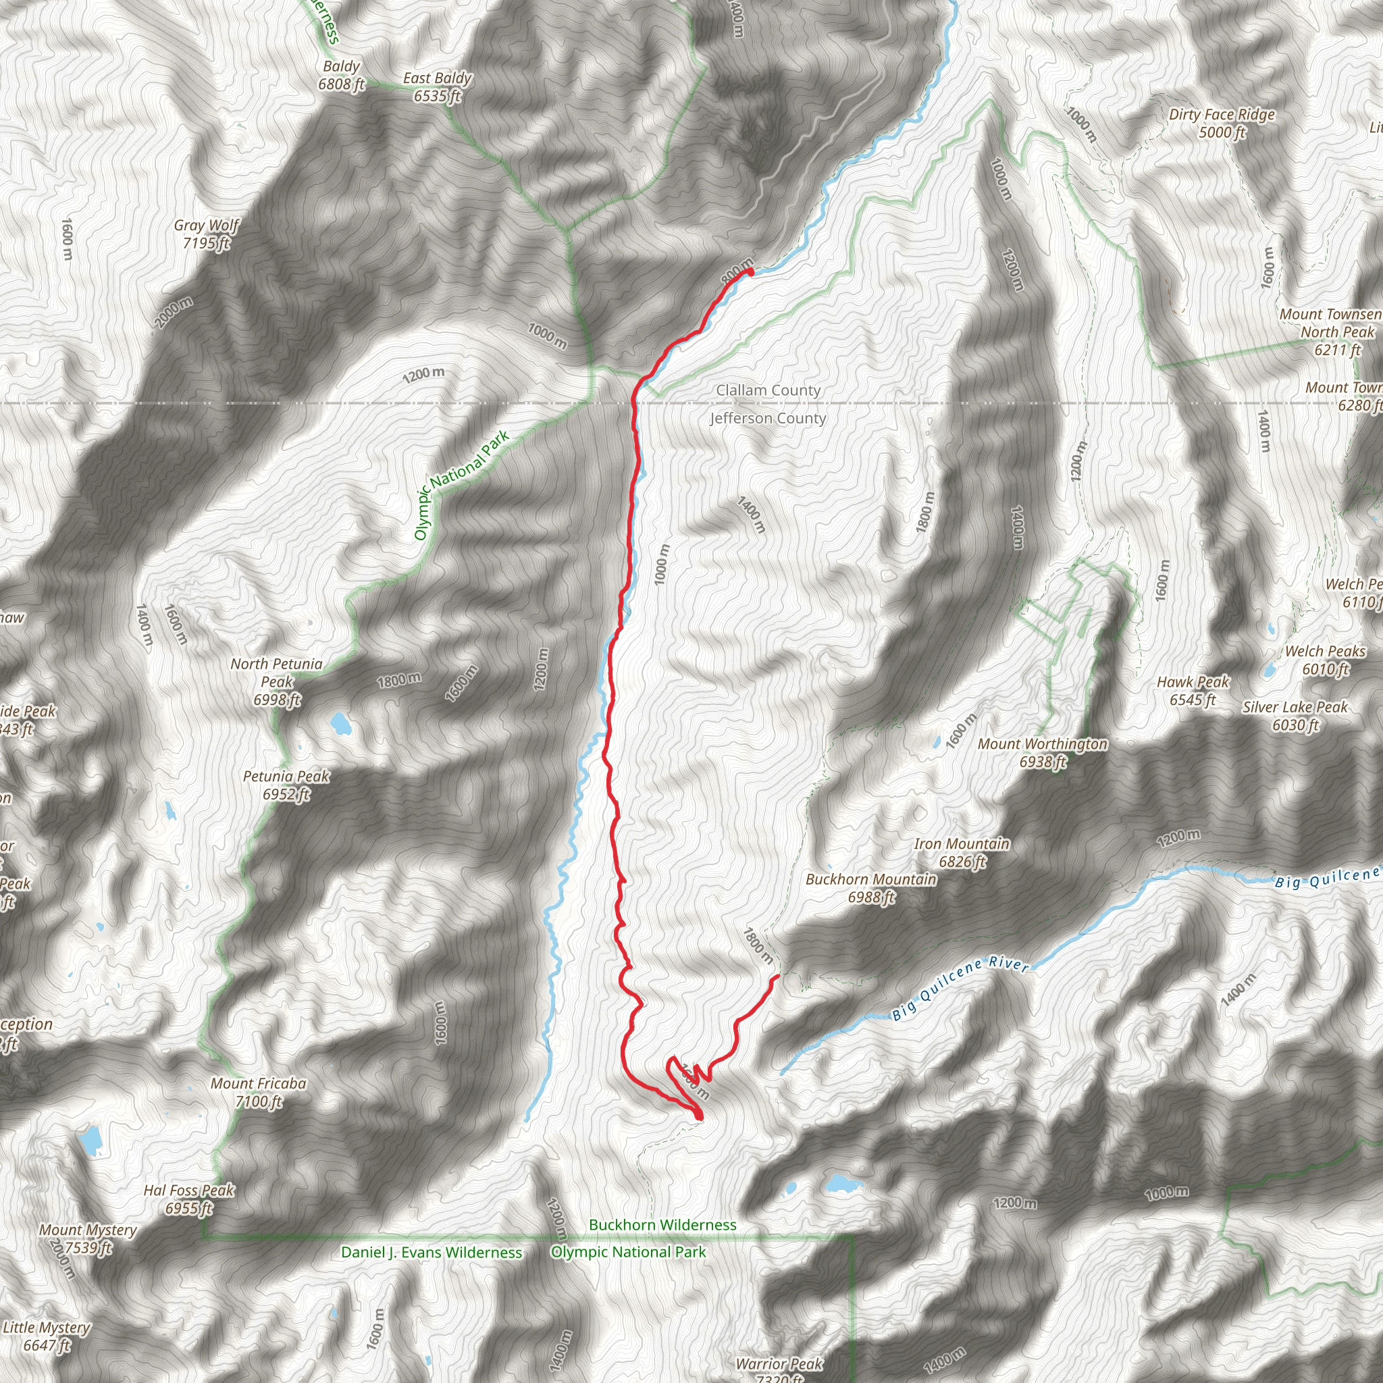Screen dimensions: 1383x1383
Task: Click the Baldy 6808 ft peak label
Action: click(342, 75)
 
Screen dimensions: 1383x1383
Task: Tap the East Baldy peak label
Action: click(437, 86)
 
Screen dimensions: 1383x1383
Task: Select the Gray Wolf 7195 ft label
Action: click(206, 234)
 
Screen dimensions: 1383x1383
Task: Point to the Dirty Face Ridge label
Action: click(1221, 123)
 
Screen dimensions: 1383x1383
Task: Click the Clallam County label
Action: click(768, 390)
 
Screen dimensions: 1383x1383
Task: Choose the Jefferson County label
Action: click(768, 418)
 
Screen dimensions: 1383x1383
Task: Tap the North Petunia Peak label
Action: click(276, 681)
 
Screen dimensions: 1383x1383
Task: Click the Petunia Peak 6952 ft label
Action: click(286, 785)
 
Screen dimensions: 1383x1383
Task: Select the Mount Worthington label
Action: click(1042, 752)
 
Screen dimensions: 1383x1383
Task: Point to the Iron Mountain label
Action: click(962, 853)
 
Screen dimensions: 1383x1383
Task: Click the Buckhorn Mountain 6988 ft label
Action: click(870, 887)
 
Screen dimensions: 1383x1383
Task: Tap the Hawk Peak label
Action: click(1193, 691)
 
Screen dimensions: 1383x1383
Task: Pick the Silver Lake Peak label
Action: click(1295, 716)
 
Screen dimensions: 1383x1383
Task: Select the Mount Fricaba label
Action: click(258, 1093)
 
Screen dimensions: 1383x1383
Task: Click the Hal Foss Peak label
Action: click(189, 1199)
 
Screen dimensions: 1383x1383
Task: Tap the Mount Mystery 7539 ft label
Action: click(87, 1238)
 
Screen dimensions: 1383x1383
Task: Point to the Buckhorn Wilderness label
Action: click(662, 1225)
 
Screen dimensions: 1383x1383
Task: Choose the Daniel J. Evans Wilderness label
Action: click(431, 1252)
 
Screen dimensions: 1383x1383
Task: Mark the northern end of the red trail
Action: click(750, 271)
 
